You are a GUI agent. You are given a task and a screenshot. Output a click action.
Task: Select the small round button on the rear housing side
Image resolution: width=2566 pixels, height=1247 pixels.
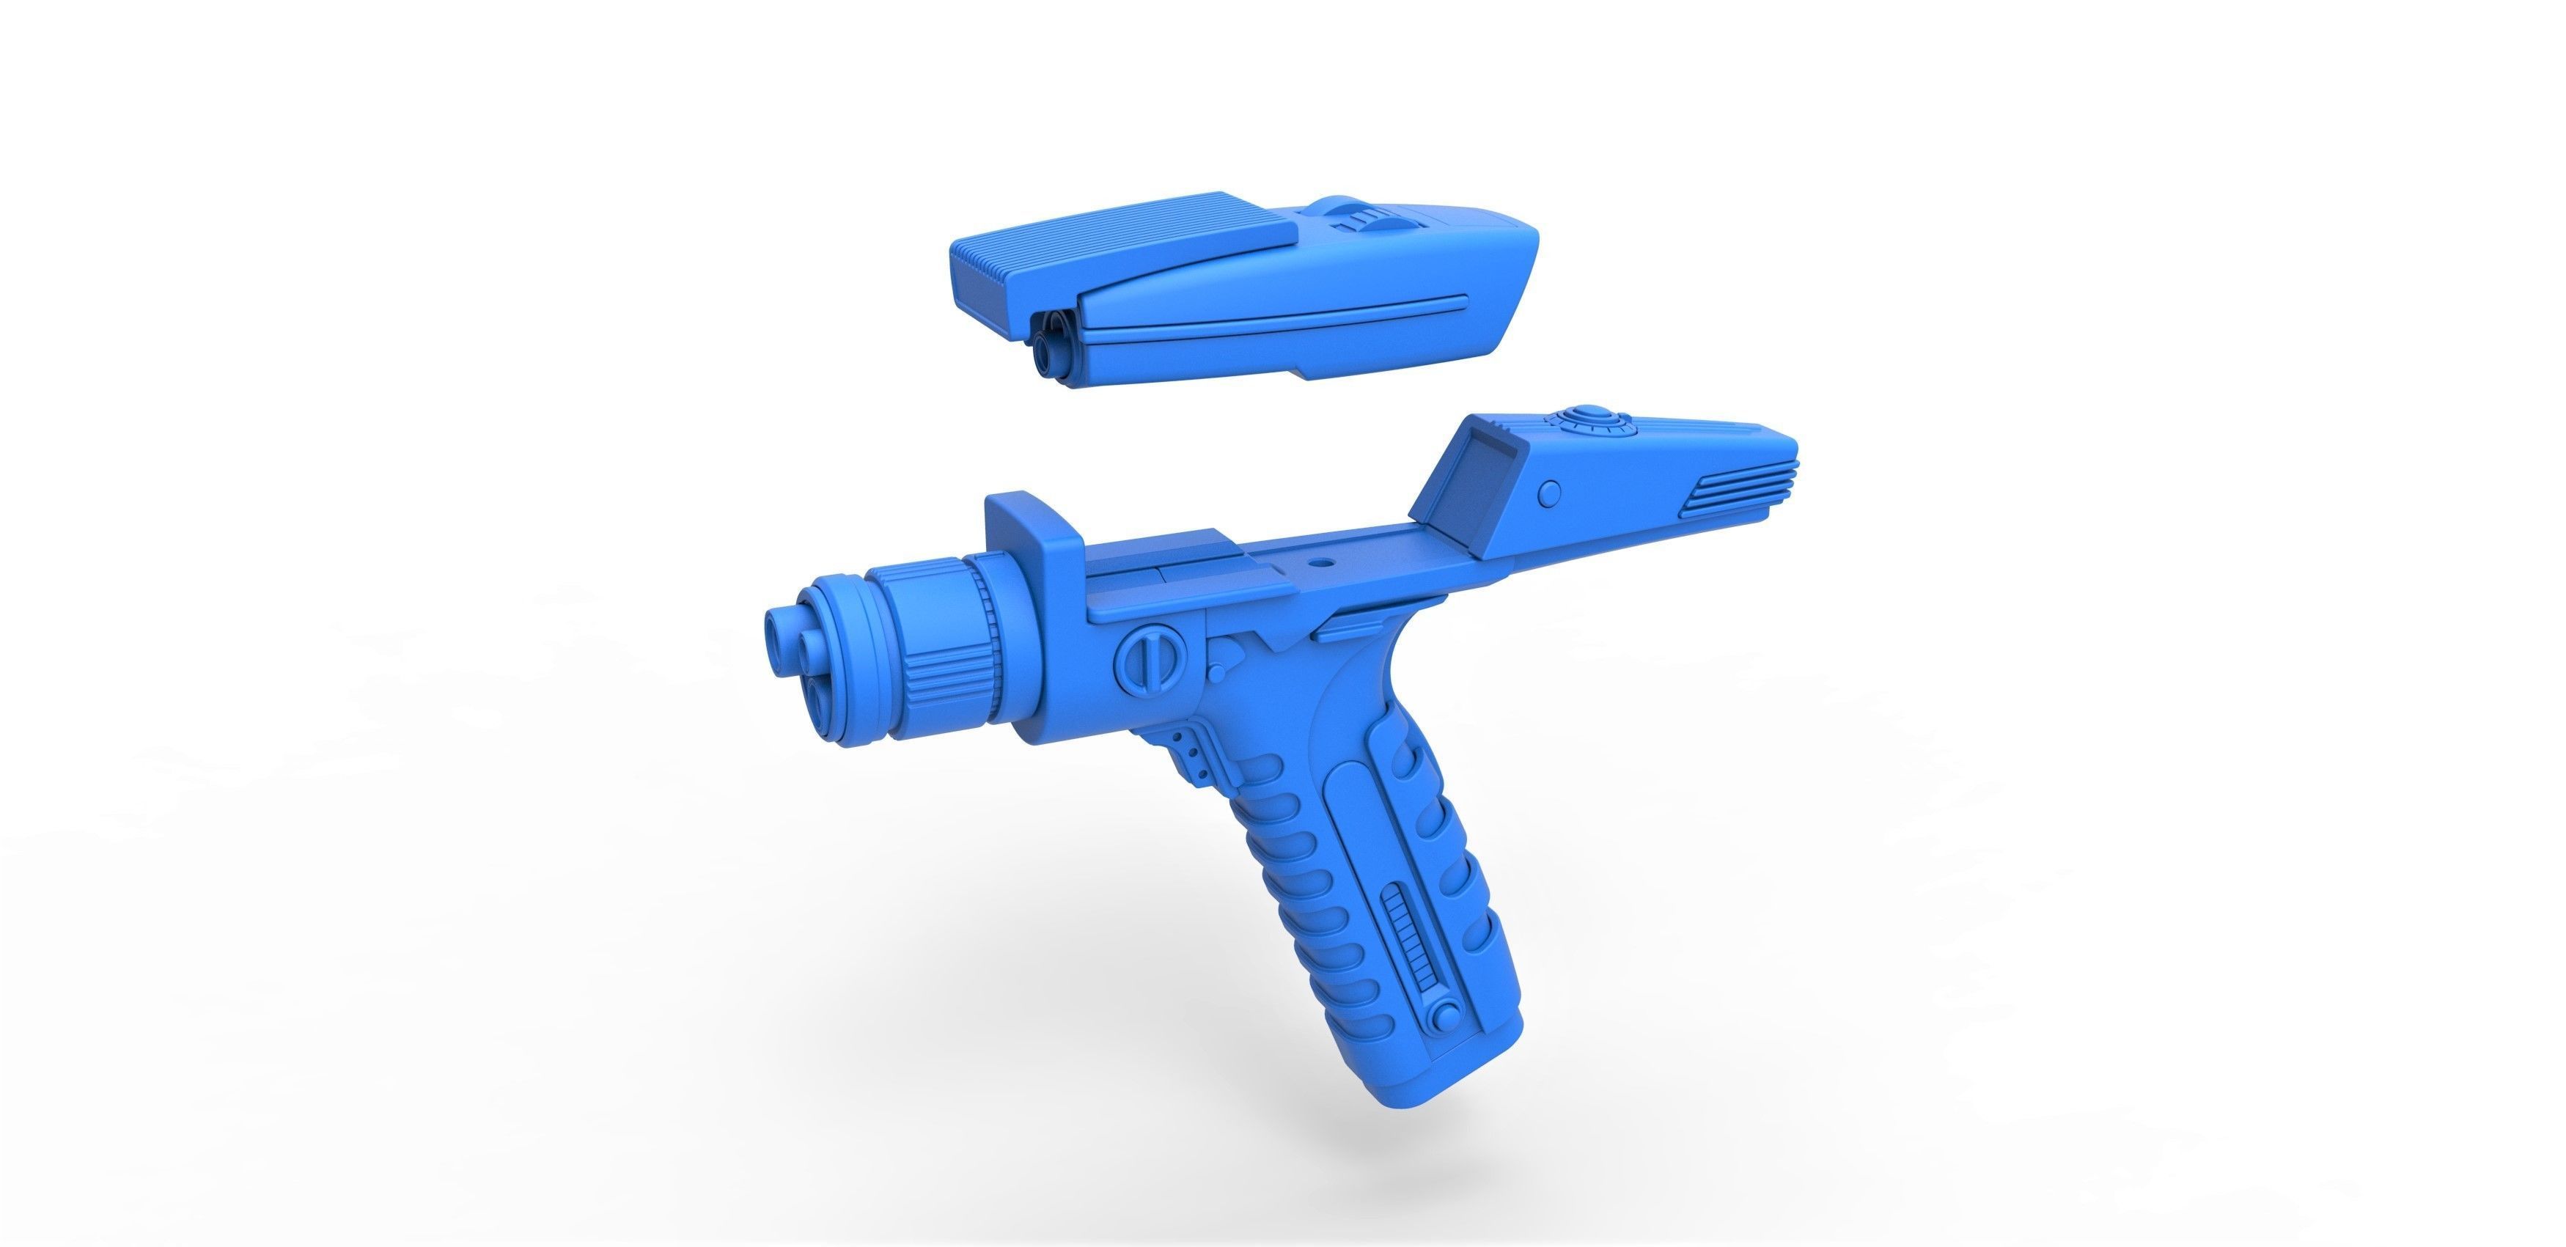pyautogui.click(x=1550, y=493)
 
